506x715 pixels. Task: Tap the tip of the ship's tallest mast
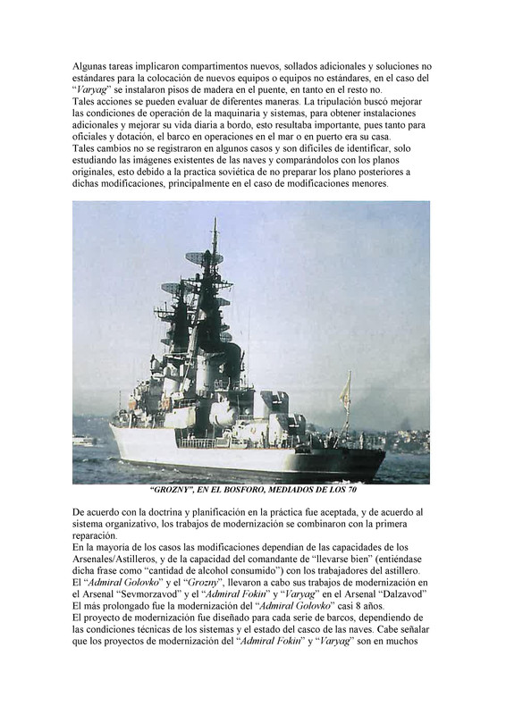pos(214,221)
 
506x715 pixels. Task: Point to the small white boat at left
pos(84,440)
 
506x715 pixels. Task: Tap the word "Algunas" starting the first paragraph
pos(93,67)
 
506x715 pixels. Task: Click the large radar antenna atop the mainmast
pos(205,260)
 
